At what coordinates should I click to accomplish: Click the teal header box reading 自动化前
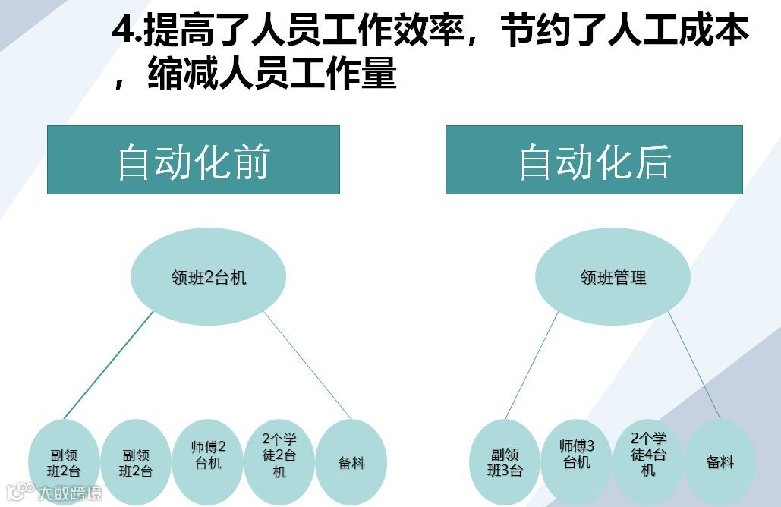pyautogui.click(x=193, y=159)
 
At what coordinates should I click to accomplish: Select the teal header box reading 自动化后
pyautogui.click(x=594, y=159)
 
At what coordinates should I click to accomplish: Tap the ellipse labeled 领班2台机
pyautogui.click(x=209, y=277)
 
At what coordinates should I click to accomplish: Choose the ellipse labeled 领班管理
pyautogui.click(x=613, y=277)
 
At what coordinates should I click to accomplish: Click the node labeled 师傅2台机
pyautogui.click(x=209, y=455)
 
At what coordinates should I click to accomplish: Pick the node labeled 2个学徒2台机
pyautogui.click(x=279, y=455)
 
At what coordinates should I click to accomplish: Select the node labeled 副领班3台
pyautogui.click(x=505, y=462)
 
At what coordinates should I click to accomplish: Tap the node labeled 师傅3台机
pyautogui.click(x=577, y=455)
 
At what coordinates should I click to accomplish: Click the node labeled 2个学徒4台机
pyautogui.click(x=648, y=455)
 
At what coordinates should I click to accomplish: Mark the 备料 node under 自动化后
pyautogui.click(x=720, y=461)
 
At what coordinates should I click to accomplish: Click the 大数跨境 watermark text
pyautogui.click(x=69, y=493)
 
